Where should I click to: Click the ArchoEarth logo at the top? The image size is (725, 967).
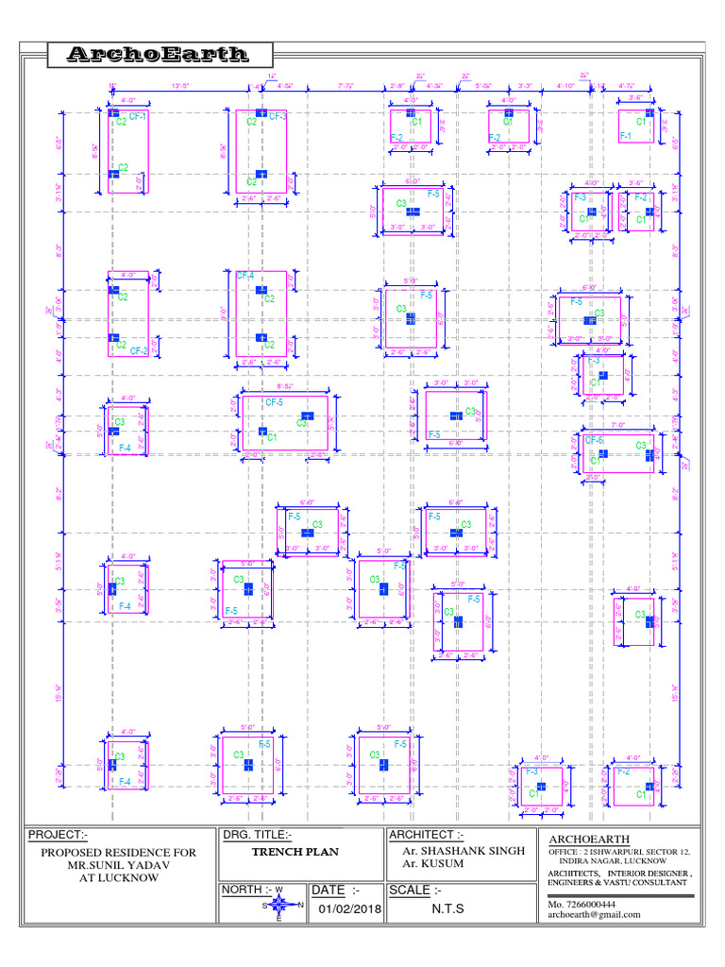tap(158, 56)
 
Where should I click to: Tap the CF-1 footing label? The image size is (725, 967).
tap(138, 115)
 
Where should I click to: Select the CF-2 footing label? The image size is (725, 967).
tap(138, 350)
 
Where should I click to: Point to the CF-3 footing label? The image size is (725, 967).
tap(278, 117)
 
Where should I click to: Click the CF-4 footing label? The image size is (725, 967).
tap(245, 276)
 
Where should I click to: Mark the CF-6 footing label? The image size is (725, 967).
tap(594, 441)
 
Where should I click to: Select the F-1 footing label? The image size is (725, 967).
tap(625, 137)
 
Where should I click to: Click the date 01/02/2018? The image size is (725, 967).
tap(347, 909)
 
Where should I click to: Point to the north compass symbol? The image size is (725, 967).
tap(278, 905)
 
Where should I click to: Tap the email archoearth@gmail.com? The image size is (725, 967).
tap(594, 914)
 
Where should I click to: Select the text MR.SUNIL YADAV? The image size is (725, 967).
tap(118, 865)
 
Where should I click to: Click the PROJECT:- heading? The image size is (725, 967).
tap(58, 835)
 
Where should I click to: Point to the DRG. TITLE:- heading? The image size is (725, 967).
tap(258, 835)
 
